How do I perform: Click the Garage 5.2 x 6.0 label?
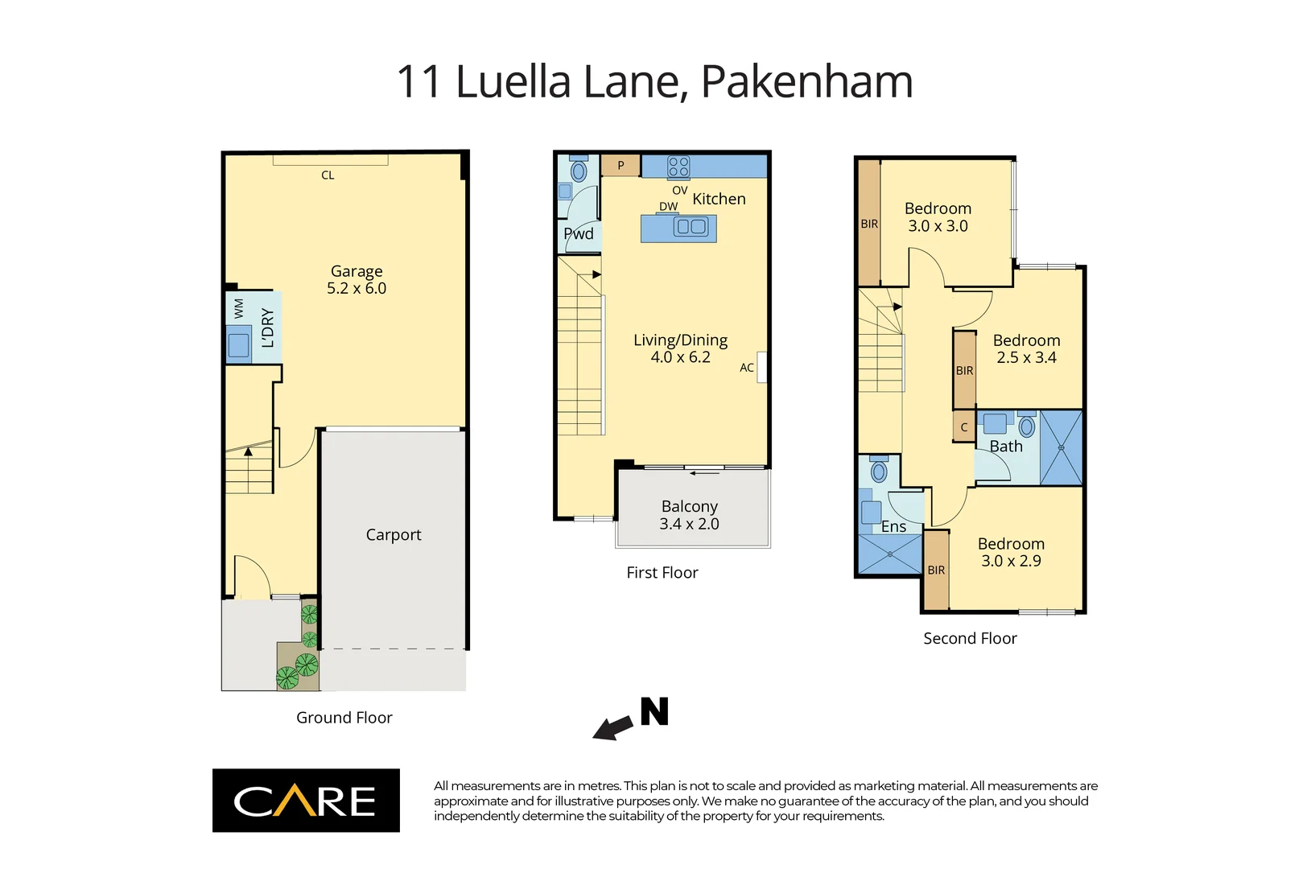click(x=357, y=280)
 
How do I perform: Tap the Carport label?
click(x=393, y=535)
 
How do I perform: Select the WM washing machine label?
click(x=239, y=309)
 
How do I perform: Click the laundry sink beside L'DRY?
click(x=239, y=346)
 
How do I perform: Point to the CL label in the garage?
click(x=328, y=175)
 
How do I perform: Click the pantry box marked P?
click(x=621, y=166)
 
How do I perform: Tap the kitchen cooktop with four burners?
click(x=678, y=167)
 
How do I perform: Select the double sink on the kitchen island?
click(x=691, y=227)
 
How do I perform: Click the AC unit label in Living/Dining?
click(x=747, y=368)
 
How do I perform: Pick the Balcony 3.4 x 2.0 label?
click(x=690, y=515)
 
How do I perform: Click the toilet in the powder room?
click(x=579, y=171)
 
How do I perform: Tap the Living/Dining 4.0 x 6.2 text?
click(x=680, y=348)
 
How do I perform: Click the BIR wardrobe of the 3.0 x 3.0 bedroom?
click(x=869, y=224)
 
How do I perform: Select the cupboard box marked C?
click(x=964, y=427)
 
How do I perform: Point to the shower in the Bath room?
click(x=1061, y=447)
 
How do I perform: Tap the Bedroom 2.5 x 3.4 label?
click(x=1026, y=348)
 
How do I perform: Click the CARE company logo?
click(x=306, y=801)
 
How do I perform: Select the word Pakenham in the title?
click(x=806, y=82)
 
